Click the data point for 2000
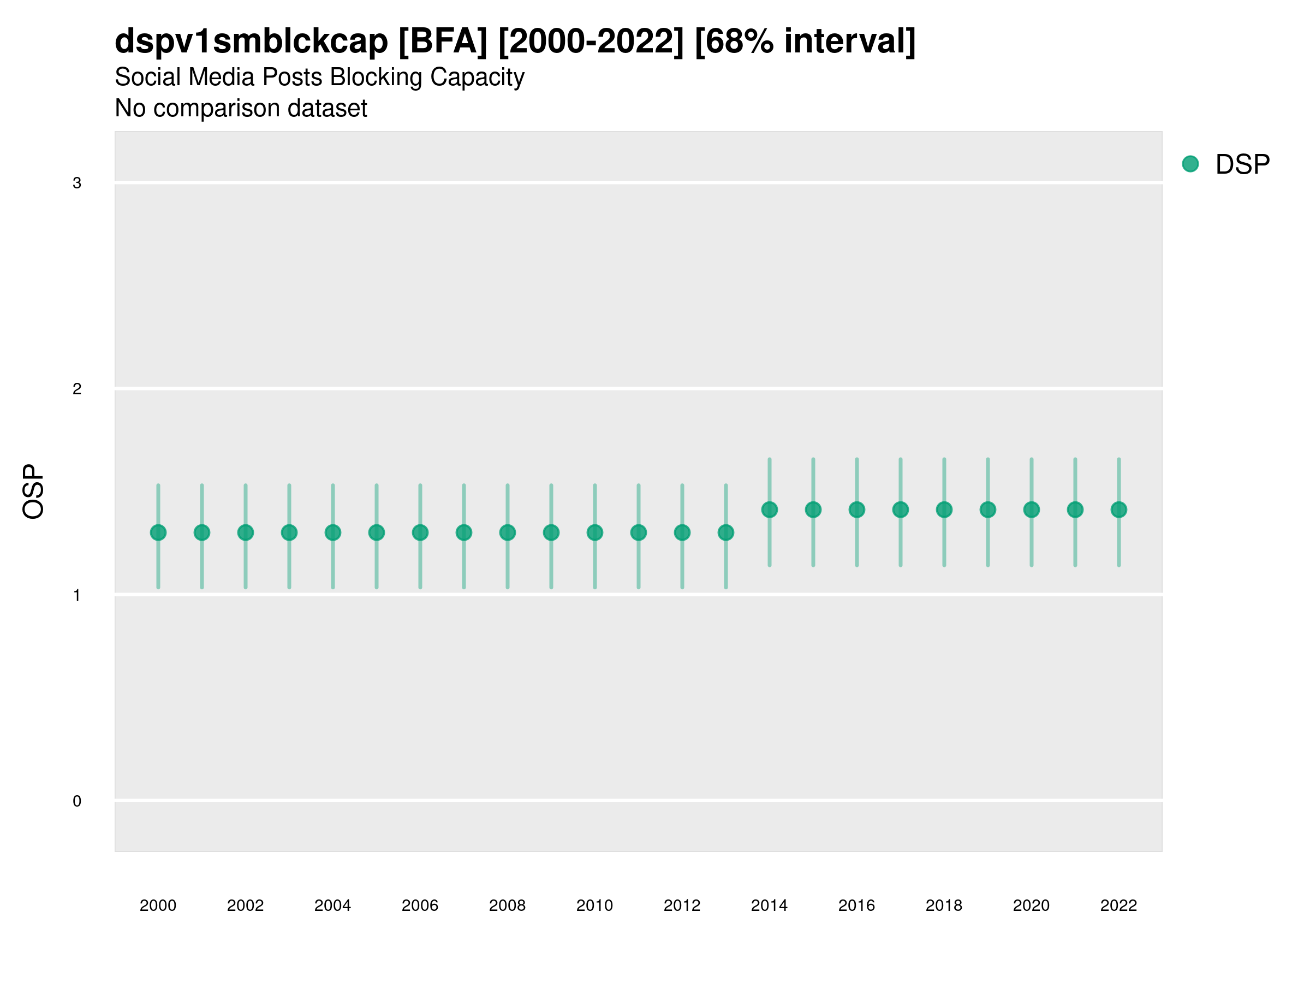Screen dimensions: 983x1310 (x=158, y=532)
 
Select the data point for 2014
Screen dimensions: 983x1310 (x=769, y=510)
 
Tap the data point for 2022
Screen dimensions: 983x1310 (x=1119, y=510)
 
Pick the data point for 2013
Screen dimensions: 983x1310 (x=726, y=532)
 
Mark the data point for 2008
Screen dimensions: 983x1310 (x=508, y=532)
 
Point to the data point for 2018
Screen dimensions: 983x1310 (x=944, y=510)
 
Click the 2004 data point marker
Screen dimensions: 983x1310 (x=333, y=532)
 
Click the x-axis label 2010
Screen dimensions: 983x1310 (x=594, y=905)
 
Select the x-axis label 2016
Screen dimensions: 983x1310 (x=856, y=905)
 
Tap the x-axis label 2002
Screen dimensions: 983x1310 (x=245, y=905)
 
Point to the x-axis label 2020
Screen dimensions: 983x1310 (x=1031, y=905)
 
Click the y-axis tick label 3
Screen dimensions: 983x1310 (x=77, y=183)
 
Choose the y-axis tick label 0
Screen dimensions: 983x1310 (x=77, y=801)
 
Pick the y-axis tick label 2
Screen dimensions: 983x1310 (x=77, y=389)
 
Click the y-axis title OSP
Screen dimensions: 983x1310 (x=33, y=492)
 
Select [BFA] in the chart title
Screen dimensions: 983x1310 (x=443, y=42)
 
